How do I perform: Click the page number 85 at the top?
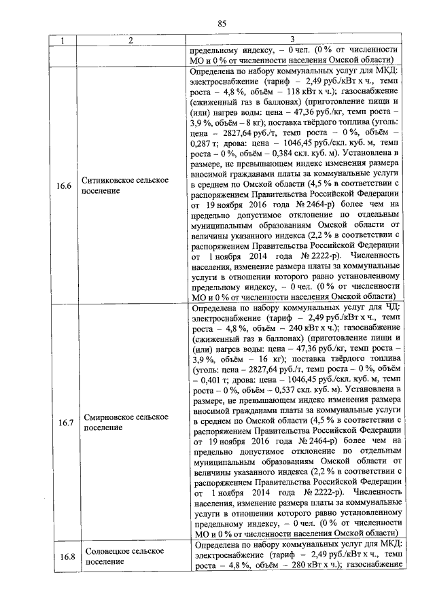tap(222, 24)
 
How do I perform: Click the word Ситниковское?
tap(108, 181)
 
